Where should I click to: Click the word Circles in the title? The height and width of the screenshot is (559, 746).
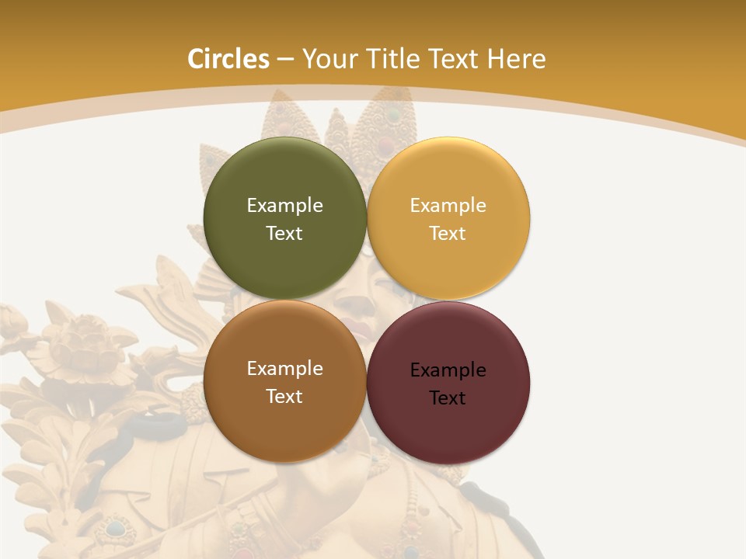[x=228, y=59]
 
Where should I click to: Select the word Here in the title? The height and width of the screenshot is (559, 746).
[x=516, y=59]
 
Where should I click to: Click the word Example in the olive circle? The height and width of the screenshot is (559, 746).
[x=284, y=206]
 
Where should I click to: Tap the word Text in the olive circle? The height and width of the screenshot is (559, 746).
[x=284, y=234]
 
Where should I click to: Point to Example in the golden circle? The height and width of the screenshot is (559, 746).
[x=448, y=206]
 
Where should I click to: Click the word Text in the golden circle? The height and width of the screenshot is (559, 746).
[x=448, y=234]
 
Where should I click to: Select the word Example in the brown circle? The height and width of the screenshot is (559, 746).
[x=284, y=369]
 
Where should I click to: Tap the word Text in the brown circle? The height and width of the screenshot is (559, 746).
[x=284, y=397]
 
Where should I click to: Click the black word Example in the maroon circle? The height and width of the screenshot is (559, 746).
[x=448, y=370]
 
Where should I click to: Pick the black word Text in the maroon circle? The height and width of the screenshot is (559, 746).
[x=448, y=398]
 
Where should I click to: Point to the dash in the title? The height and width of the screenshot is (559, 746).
[x=285, y=60]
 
